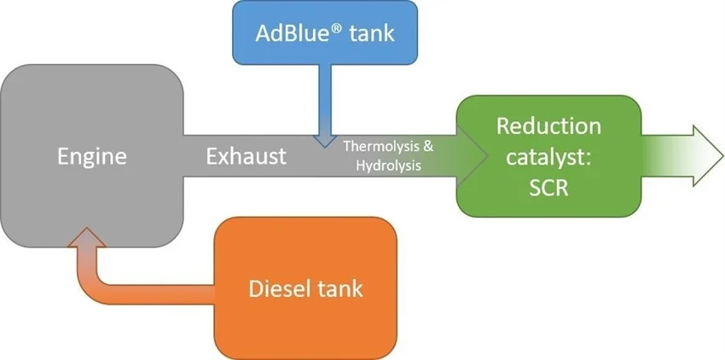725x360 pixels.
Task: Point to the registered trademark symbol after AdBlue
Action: pos(336,27)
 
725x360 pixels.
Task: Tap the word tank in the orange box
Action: pos(343,288)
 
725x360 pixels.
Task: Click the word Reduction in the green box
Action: pos(548,127)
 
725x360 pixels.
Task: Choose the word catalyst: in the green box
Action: pos(548,157)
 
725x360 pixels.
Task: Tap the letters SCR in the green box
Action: pos(548,188)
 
